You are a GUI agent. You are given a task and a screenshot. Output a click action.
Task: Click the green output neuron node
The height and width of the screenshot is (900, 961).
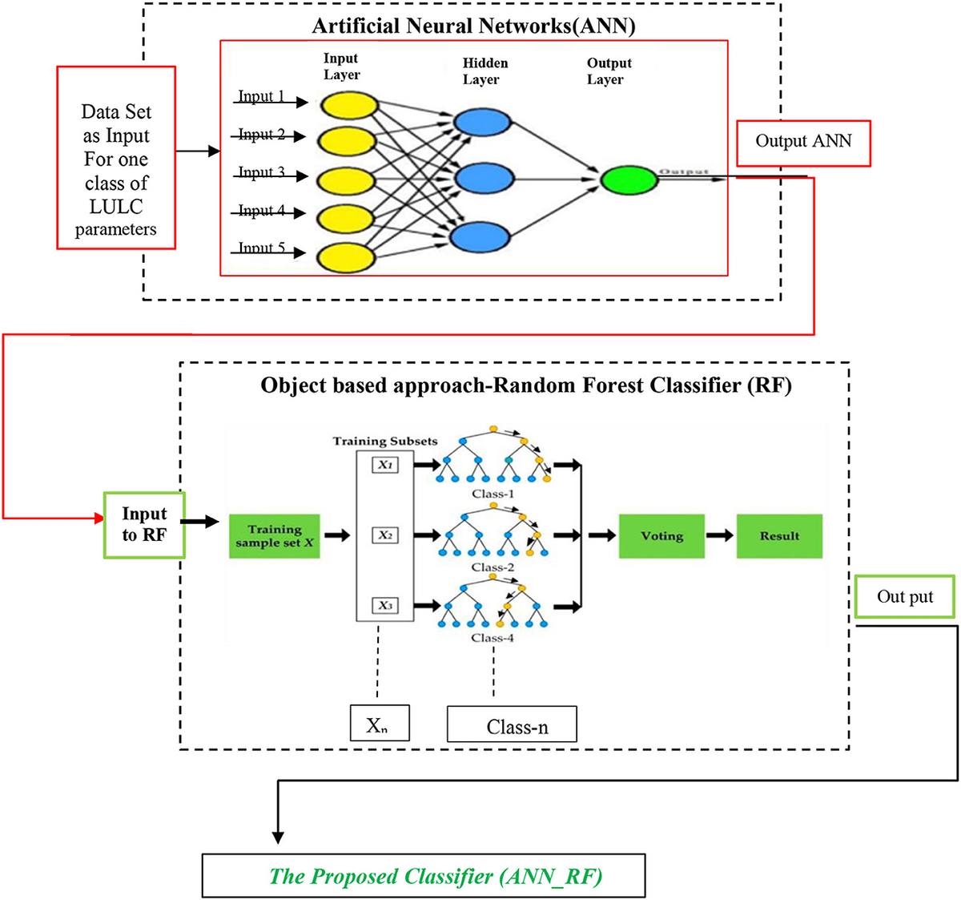(629, 180)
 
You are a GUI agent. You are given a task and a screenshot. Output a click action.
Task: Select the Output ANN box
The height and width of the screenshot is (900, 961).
(803, 143)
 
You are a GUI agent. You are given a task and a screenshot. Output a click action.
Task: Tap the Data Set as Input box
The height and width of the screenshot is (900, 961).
(116, 158)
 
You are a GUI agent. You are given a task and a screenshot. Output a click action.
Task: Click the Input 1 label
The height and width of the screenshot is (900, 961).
(261, 96)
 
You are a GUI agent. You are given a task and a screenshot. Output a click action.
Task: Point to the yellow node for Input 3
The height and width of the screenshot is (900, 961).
(346, 181)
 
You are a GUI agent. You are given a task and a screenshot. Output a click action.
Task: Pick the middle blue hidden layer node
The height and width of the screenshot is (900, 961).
(481, 177)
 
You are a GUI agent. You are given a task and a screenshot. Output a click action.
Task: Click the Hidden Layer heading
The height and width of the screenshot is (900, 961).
(484, 71)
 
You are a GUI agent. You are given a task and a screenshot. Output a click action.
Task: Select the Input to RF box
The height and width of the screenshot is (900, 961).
(144, 525)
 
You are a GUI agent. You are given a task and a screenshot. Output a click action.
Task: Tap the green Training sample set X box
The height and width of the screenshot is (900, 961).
(274, 536)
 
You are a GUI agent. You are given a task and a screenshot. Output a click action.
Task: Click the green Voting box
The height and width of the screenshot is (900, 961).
(661, 536)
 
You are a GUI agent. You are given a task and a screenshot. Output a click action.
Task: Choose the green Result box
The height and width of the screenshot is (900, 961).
(779, 536)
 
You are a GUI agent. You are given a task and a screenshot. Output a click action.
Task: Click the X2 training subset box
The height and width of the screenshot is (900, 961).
(385, 535)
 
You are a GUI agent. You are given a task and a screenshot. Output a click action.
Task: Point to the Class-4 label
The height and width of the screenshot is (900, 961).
(493, 638)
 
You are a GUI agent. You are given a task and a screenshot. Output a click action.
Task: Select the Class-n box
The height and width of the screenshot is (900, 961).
(512, 724)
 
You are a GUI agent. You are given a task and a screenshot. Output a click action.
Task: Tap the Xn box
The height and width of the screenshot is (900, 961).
(379, 724)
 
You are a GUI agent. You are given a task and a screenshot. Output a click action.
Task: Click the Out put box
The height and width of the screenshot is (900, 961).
(904, 596)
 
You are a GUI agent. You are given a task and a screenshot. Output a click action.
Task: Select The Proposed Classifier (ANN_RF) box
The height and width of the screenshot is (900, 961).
(424, 875)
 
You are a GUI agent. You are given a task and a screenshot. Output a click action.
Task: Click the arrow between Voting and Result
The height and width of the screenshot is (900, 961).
(720, 535)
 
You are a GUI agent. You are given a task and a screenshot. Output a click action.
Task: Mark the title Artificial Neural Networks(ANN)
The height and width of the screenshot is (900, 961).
(473, 26)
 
